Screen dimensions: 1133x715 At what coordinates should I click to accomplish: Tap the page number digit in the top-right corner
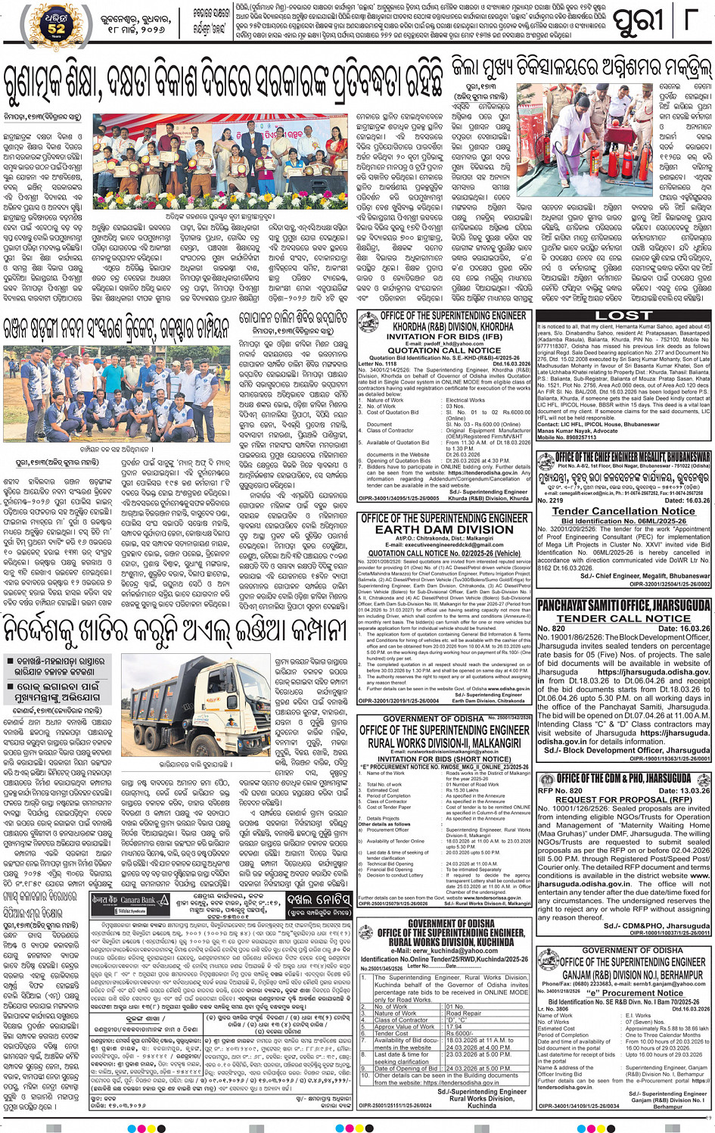click(698, 20)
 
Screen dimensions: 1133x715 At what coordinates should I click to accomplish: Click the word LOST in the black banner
click(623, 316)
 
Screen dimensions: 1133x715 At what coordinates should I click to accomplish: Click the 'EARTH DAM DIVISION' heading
click(443, 530)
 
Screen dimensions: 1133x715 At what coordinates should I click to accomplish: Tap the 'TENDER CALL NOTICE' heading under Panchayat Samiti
click(623, 618)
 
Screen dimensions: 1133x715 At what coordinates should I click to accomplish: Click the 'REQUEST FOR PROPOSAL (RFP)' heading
click(623, 799)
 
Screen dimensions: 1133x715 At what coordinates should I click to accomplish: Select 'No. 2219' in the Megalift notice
click(550, 500)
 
